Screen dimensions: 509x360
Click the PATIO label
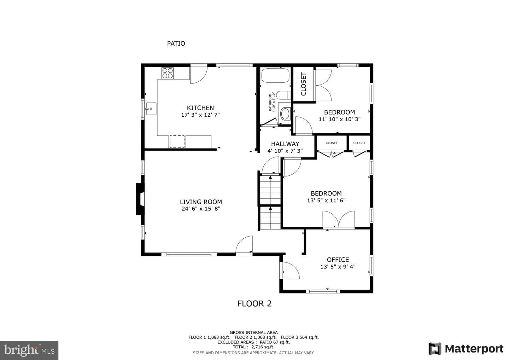coord(176,43)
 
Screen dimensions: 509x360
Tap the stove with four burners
coord(168,73)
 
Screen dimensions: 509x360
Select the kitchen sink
coord(151,109)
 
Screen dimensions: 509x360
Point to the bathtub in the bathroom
coord(275,75)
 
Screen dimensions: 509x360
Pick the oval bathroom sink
coord(285,114)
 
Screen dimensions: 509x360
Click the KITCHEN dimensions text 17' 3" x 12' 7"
coord(200,115)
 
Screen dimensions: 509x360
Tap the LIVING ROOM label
coord(201,202)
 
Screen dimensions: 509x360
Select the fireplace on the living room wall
coord(140,199)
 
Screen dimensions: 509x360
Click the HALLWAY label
coord(285,144)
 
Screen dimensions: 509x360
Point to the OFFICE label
coord(338,260)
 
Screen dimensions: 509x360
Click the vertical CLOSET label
coord(304,84)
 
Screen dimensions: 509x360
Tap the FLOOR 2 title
coord(255,304)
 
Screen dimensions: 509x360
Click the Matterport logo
coord(466,349)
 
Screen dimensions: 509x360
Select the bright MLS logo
coord(29,350)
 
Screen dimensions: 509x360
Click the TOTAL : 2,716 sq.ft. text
coord(253,347)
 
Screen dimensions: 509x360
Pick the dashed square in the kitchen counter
coord(177,141)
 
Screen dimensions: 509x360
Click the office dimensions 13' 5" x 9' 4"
coord(338,267)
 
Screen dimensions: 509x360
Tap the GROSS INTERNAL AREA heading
coord(253,332)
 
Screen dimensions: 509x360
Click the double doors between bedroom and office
coord(339,219)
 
